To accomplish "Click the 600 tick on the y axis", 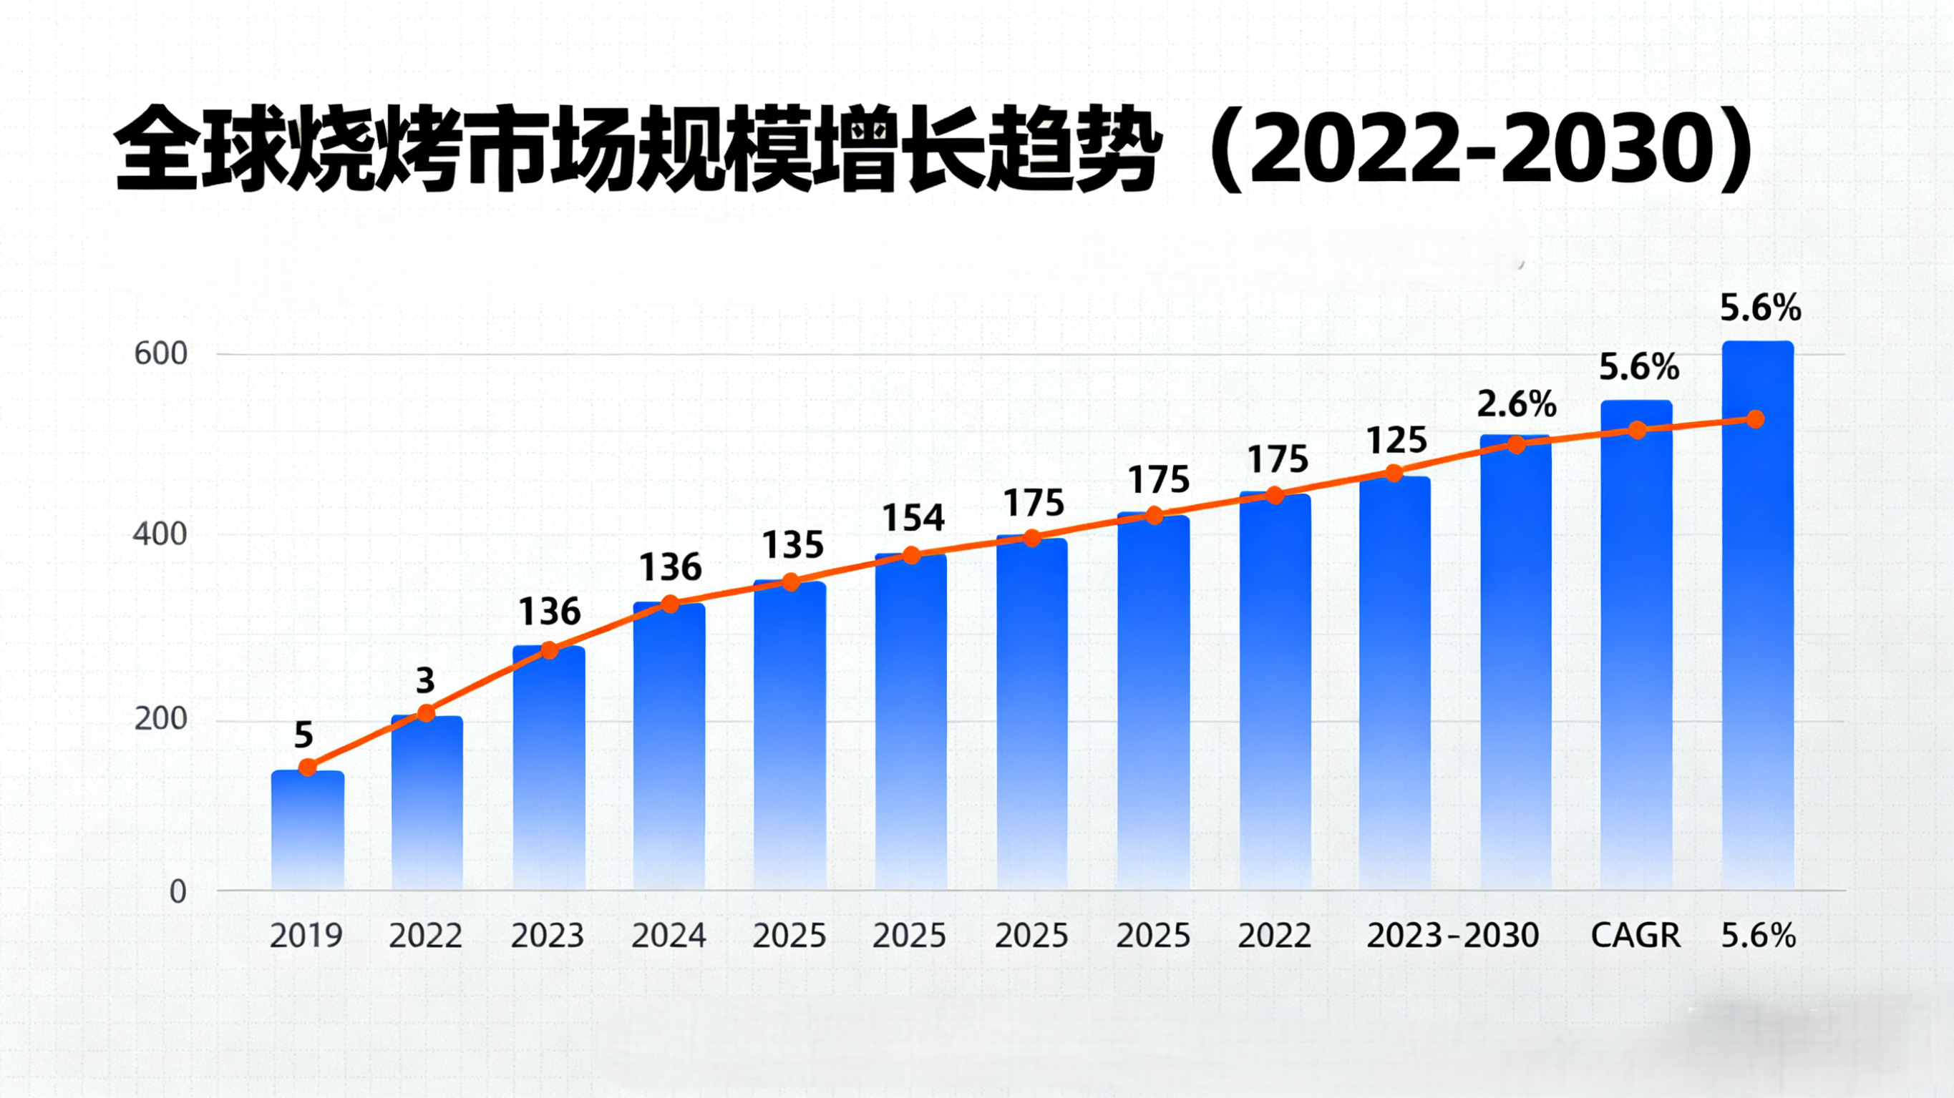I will point(160,354).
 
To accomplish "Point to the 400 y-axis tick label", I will point(160,534).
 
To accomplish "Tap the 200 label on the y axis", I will point(160,719).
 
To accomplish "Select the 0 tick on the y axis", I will point(178,892).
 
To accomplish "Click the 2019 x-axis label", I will point(306,936).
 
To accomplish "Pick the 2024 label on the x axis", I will point(669,936).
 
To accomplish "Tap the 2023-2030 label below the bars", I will point(1452,936).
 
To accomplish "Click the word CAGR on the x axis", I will point(1635,936).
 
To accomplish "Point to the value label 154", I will point(913,519).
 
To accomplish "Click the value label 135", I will point(792,545).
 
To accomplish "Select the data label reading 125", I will point(1396,441).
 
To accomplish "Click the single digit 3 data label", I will point(426,680).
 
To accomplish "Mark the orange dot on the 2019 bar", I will point(307,768).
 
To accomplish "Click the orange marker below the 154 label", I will point(912,556).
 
